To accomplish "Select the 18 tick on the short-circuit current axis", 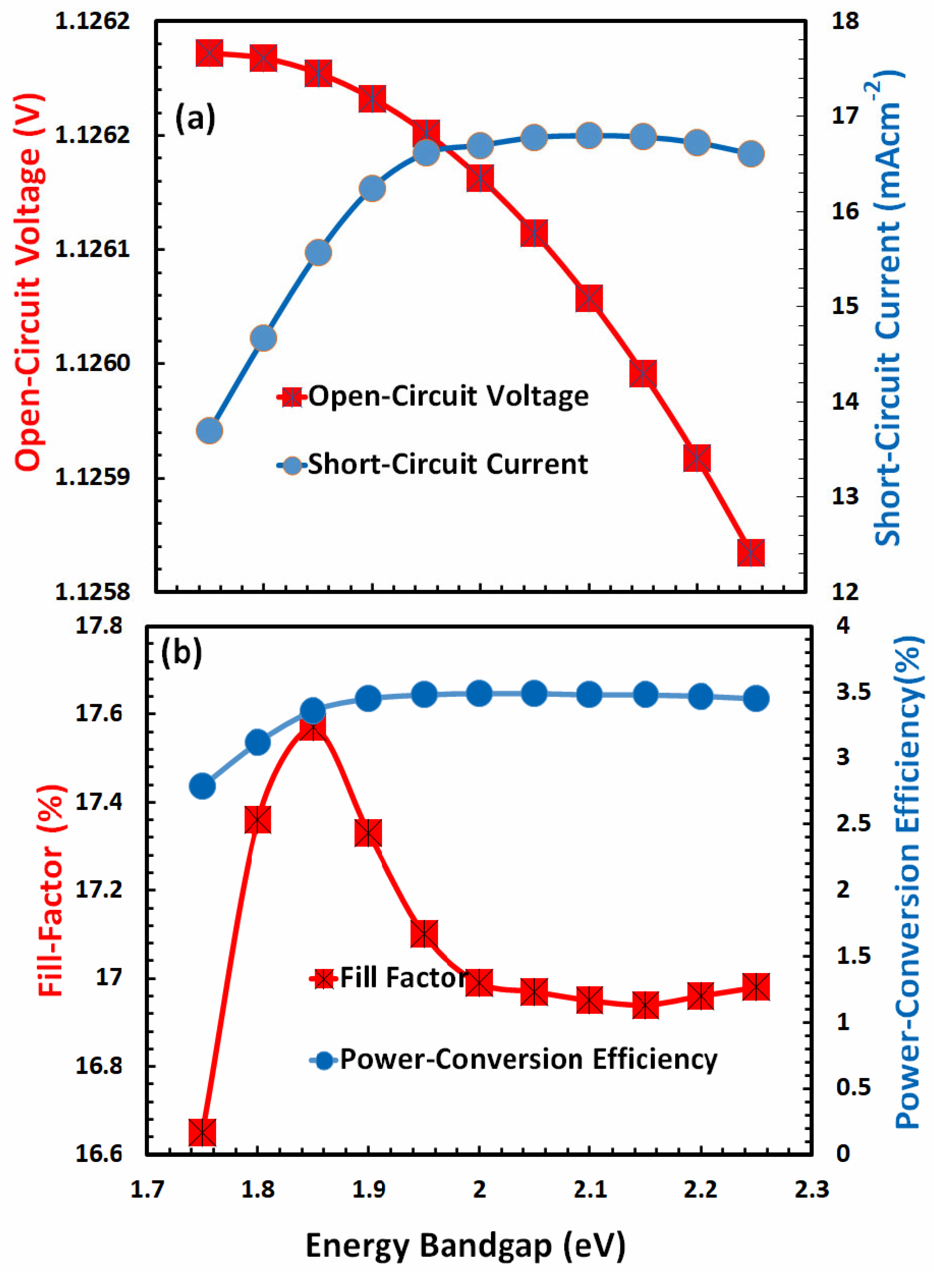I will tap(845, 22).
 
